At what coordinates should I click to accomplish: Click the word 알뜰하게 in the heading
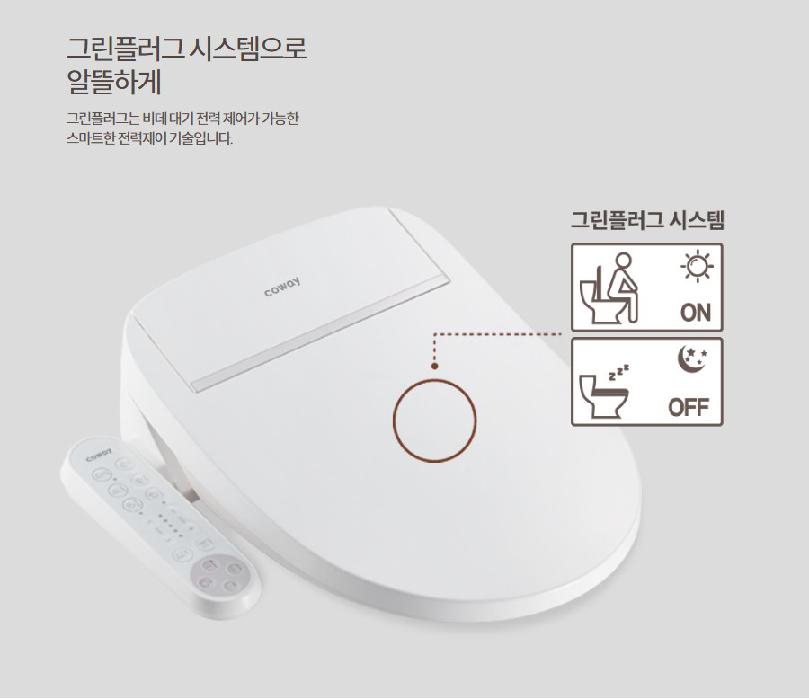point(114,82)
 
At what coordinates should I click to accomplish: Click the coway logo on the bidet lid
point(282,286)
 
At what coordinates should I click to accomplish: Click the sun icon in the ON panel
point(696,266)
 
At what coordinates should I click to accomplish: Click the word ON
point(695,313)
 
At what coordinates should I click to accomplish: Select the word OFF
point(689,408)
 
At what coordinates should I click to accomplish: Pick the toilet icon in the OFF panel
point(598,398)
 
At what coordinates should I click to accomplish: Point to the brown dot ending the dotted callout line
point(435,367)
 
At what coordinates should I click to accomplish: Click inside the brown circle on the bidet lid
point(435,420)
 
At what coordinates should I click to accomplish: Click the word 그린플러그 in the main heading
point(124,48)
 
